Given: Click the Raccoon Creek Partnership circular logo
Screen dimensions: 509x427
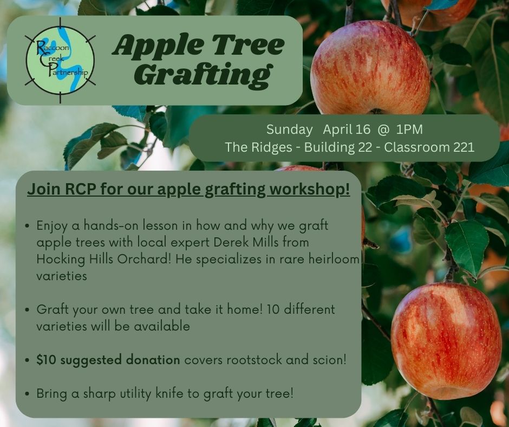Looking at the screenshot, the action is [60, 61].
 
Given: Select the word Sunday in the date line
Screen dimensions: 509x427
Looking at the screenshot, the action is [289, 130].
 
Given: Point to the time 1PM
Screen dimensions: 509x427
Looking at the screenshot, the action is [409, 130].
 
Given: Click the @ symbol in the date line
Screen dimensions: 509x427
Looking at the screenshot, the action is [383, 130].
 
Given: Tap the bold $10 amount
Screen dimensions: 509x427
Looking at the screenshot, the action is [47, 360].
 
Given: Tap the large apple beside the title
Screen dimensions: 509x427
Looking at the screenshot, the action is [370, 67].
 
